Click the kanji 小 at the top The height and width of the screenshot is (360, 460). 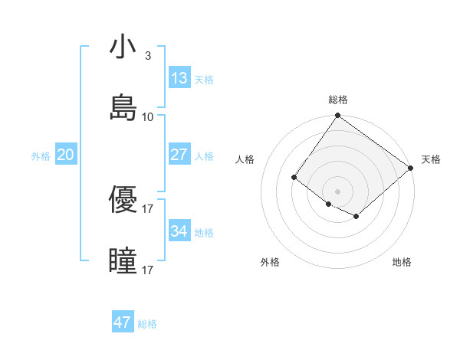(x=123, y=47)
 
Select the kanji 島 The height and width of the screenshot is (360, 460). (x=123, y=106)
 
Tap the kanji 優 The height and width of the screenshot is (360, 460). (x=123, y=198)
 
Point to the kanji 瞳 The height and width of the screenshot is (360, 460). (x=123, y=260)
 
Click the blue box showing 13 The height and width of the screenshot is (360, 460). (x=179, y=78)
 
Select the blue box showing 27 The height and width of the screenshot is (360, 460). (x=179, y=155)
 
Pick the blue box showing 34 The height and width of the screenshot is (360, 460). (x=179, y=231)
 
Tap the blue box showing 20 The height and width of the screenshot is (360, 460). (x=66, y=155)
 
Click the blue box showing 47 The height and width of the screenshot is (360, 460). (x=123, y=322)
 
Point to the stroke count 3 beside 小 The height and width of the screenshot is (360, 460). (x=147, y=56)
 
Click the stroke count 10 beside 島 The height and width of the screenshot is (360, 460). (x=148, y=117)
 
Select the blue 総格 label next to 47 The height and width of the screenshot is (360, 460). (x=147, y=324)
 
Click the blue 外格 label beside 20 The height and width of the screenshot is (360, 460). (x=41, y=156)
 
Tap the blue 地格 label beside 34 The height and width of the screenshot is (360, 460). (x=204, y=233)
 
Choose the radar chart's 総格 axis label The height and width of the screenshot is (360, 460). (x=338, y=100)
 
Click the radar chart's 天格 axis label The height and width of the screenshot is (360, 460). (x=431, y=159)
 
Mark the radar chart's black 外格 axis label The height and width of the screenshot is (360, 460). (x=270, y=262)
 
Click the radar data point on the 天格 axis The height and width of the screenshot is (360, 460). (x=411, y=168)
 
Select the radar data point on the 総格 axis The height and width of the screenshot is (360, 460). (x=338, y=116)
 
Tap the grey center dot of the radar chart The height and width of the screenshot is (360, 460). (x=338, y=191)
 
